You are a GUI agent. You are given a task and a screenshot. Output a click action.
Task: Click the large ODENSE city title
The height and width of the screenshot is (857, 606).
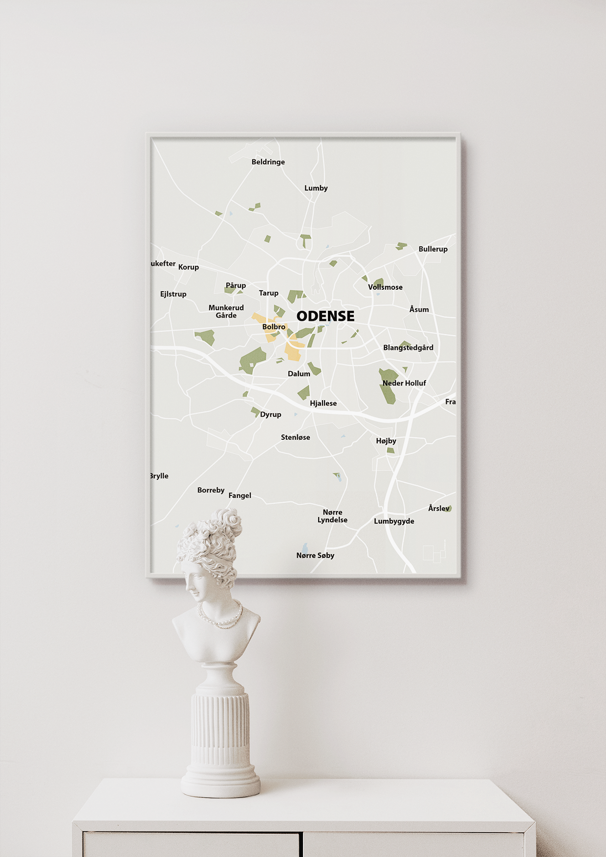[325, 316]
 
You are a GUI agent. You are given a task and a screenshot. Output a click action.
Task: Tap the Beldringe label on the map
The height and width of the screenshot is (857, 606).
[268, 162]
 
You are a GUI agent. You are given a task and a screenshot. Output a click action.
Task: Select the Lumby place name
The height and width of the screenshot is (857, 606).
[316, 188]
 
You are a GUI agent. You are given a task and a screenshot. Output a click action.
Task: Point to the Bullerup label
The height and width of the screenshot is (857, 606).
[433, 249]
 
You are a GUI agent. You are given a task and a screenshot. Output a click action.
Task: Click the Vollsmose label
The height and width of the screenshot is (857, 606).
[385, 287]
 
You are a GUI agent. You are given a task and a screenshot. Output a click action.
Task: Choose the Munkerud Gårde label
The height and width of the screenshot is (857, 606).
[226, 311]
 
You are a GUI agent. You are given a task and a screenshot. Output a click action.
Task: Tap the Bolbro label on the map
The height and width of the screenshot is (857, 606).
[274, 327]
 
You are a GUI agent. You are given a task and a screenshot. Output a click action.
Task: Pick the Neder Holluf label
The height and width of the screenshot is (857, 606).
[404, 383]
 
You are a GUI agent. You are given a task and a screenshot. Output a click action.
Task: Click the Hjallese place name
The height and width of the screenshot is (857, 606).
[323, 404]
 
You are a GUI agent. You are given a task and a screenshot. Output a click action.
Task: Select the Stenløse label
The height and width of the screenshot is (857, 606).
[295, 437]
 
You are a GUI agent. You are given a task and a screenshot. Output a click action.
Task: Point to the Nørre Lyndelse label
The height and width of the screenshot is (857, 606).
[332, 516]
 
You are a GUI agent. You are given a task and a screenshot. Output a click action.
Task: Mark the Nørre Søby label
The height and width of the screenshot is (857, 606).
[315, 556]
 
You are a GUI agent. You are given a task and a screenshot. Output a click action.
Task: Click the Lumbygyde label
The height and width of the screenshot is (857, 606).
[394, 521]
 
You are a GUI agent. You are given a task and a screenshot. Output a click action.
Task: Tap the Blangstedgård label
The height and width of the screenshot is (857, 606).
[408, 348]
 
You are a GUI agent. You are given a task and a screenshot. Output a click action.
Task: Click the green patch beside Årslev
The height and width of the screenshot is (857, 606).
[449, 509]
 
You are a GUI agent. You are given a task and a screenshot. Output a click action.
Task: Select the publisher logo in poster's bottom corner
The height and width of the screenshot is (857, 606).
[434, 554]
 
